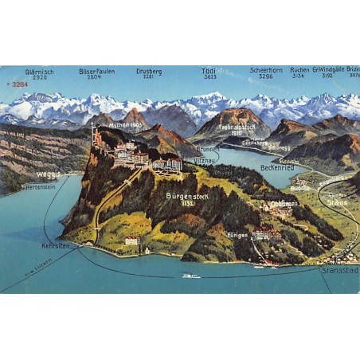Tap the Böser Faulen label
coord(96,71)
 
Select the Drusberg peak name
coord(149,71)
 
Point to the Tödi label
coord(209,71)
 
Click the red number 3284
coord(18,84)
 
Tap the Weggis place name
coord(49,174)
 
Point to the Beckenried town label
coord(277,167)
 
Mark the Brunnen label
coord(208,149)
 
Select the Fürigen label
coord(237,235)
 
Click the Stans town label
coord(335,202)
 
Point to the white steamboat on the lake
coord(190,276)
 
